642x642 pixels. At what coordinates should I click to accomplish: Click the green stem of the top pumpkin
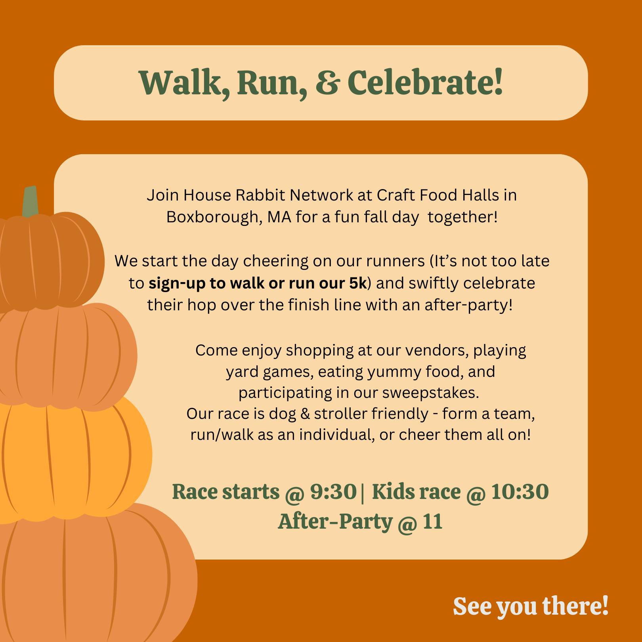(30, 201)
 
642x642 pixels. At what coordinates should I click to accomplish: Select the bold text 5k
(358, 283)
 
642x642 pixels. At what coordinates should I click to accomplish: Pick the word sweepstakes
(431, 393)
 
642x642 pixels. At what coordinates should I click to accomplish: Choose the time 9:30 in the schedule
(333, 492)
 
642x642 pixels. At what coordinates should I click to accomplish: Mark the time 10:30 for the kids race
(520, 492)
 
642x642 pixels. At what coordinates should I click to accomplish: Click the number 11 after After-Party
(432, 522)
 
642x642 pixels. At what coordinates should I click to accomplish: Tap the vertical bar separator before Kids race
(363, 492)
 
